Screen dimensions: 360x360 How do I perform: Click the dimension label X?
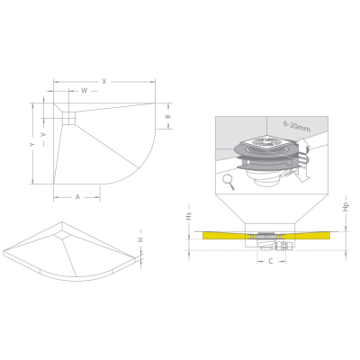[104, 81]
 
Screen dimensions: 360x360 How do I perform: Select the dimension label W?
[85, 91]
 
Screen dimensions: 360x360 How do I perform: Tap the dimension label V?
[44, 135]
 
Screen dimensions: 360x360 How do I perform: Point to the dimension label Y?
[32, 144]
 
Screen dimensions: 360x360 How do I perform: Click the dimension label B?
[168, 116]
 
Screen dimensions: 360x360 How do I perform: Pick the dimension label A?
[77, 197]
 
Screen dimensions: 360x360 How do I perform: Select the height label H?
[140, 239]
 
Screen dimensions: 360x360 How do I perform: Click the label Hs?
[189, 216]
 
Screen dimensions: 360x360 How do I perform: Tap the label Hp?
[346, 207]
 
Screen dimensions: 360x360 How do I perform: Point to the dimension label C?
[271, 262]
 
